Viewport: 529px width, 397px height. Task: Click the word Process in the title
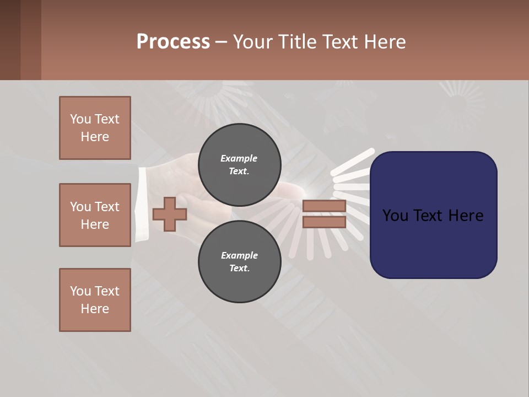(173, 42)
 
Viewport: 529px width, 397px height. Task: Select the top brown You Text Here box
(95, 128)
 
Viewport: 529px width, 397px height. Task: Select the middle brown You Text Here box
(95, 215)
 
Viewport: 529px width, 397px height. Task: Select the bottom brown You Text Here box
(95, 300)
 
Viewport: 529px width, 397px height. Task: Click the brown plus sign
(169, 214)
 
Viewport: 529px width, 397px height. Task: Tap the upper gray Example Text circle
(239, 165)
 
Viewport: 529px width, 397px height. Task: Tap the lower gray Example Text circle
(239, 262)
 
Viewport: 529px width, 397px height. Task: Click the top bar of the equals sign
(324, 206)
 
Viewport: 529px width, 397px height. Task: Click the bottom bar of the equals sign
(324, 222)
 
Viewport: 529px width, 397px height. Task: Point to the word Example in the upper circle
(239, 158)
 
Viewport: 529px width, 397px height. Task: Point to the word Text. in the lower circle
(239, 269)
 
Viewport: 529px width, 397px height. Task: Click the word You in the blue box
(396, 215)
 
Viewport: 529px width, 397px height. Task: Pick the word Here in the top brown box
(95, 137)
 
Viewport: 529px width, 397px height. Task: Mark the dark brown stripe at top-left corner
(10, 40)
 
